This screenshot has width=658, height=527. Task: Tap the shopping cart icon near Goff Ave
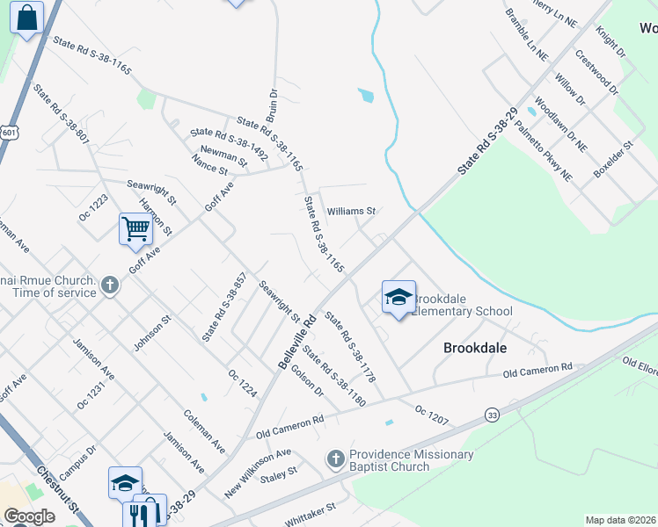135,228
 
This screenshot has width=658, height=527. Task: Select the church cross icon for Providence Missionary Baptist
335,458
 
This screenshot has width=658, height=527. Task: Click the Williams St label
351,212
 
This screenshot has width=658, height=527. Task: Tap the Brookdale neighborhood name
475,348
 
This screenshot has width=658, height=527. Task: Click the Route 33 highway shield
492,414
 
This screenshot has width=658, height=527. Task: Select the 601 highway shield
9,132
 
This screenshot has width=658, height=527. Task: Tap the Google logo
29,516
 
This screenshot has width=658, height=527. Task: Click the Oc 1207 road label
432,415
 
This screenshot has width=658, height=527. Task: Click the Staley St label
279,475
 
